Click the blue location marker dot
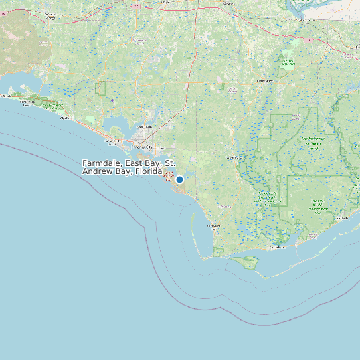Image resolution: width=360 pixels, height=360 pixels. pyautogui.click(x=179, y=179)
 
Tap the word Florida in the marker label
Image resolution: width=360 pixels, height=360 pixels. pyautogui.click(x=148, y=171)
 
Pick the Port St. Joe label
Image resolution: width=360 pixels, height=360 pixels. pyautogui.click(x=214, y=226)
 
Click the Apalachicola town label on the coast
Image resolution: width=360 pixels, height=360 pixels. pyautogui.click(x=278, y=248)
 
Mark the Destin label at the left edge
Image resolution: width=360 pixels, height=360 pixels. pyautogui.click(x=5, y=96)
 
